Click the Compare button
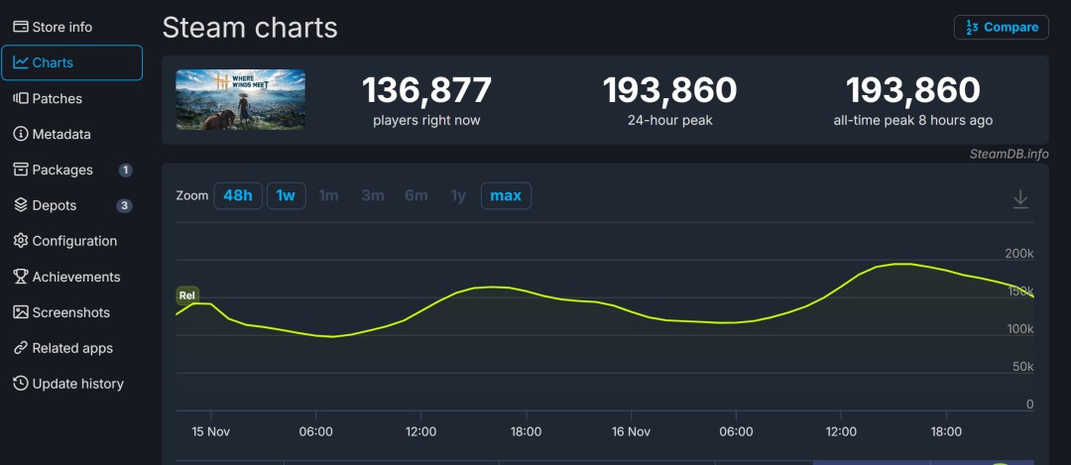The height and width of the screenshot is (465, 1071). pos(1001,27)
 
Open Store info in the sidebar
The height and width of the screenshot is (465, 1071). pos(61,27)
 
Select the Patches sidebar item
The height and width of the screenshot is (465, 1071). pos(57,98)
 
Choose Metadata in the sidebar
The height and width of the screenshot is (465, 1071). pos(60,134)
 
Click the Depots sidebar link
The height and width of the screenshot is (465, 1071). pos(54,205)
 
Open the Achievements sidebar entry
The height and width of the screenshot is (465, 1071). pos(75,277)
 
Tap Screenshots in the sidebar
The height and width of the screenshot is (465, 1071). pos(70,312)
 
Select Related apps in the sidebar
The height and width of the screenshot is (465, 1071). pos(71,348)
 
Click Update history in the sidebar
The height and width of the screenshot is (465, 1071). pos(77,384)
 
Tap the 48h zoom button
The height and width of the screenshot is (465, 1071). pos(238,195)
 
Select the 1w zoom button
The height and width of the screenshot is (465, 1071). pos(286,195)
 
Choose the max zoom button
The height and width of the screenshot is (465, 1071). pos(506,195)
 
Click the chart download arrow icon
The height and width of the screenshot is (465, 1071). pos(1020,199)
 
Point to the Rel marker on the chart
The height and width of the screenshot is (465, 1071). pos(186,294)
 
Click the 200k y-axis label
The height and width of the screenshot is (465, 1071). pos(1019,254)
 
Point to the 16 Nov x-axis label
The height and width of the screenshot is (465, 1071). pos(631,431)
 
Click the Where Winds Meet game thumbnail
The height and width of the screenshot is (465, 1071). pos(241,99)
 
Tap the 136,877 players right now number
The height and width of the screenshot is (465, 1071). pos(426,91)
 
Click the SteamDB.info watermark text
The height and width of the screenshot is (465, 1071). pos(1009,154)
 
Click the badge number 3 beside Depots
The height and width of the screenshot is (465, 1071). pos(125,205)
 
